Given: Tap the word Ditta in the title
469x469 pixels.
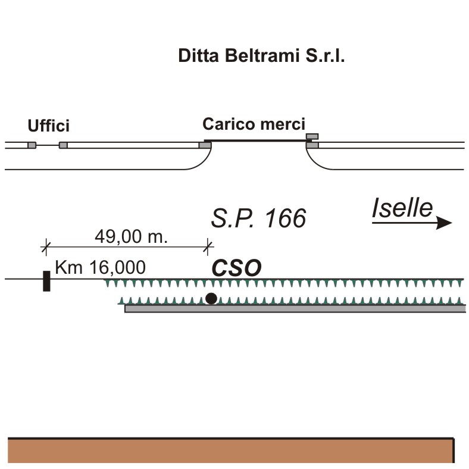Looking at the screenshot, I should click(x=198, y=57).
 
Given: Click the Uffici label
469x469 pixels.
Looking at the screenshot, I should click(x=49, y=126).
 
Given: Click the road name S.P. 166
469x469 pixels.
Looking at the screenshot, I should click(x=258, y=219).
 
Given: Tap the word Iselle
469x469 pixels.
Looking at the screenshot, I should click(x=402, y=208).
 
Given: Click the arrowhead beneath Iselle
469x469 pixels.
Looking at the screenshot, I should click(x=444, y=223).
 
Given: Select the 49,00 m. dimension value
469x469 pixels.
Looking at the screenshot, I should click(x=131, y=236).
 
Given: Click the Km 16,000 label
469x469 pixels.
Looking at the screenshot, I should click(x=100, y=267).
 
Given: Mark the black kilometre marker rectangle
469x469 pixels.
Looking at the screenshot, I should click(x=46, y=280).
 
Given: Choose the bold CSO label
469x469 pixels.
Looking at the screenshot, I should click(x=237, y=268).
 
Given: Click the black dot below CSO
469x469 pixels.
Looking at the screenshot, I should click(x=211, y=298).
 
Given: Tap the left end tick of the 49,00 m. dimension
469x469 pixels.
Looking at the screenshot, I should click(x=46, y=245).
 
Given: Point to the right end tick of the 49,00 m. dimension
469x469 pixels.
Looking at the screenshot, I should click(x=208, y=245).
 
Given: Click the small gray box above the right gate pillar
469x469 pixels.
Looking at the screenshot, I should click(x=312, y=136).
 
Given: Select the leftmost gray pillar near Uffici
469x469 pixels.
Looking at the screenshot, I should click(x=32, y=145).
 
